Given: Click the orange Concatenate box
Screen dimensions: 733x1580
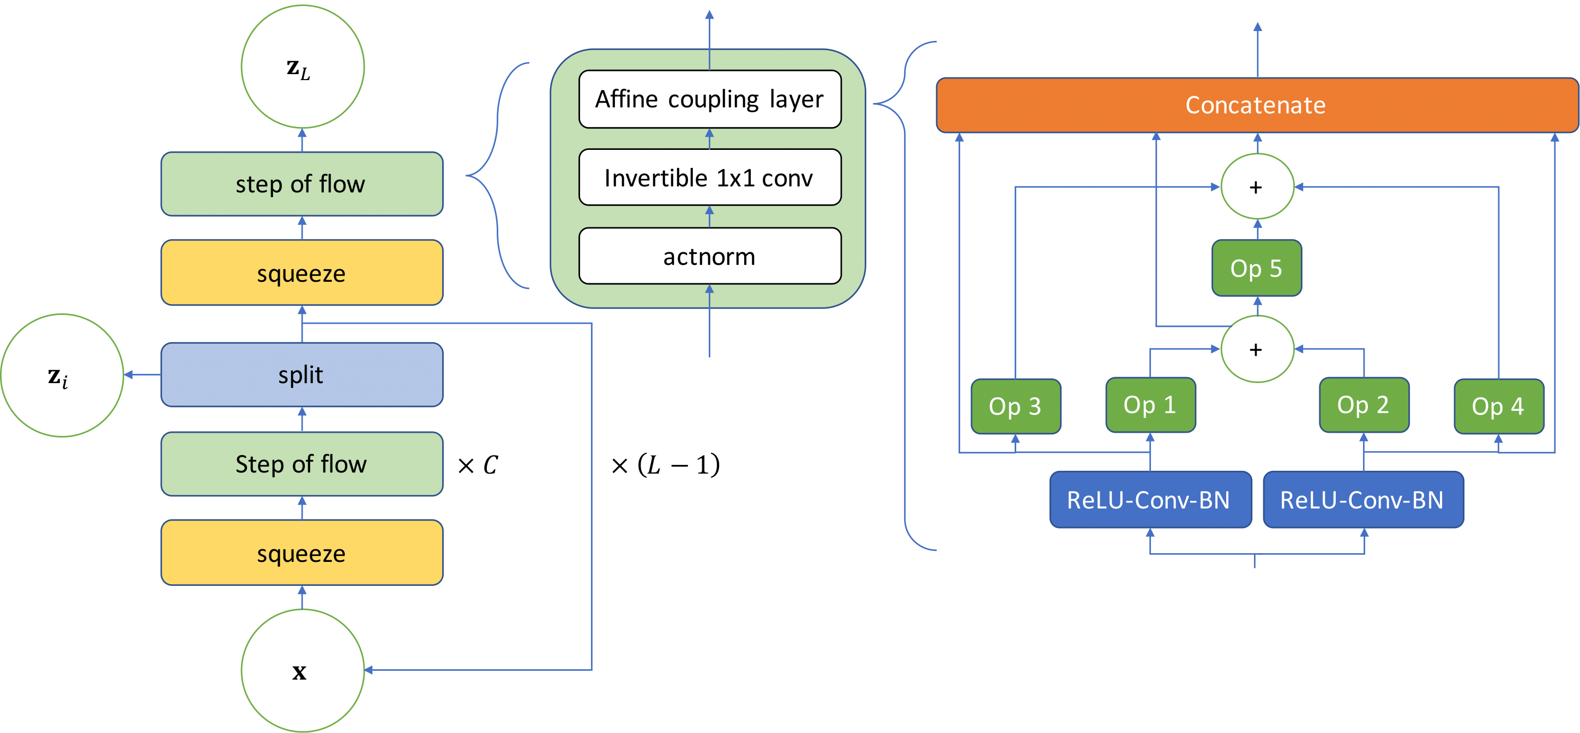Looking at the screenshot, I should [x=1256, y=105].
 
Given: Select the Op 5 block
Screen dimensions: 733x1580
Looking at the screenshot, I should [x=1256, y=268].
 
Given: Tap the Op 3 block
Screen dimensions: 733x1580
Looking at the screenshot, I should [x=1015, y=405].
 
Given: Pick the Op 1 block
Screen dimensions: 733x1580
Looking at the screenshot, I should [x=1150, y=404].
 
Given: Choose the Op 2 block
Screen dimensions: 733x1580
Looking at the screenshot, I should [x=1364, y=404].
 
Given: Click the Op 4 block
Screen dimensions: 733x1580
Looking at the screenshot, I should [x=1498, y=405].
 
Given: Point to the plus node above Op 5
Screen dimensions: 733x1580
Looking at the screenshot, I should [x=1257, y=186].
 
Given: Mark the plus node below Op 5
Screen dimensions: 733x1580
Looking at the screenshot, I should [x=1257, y=349].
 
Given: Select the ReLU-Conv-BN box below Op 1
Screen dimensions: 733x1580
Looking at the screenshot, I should [x=1150, y=500].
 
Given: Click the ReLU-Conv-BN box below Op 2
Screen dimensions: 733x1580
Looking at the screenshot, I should [x=1363, y=500].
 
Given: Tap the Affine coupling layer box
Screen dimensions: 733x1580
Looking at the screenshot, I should [x=710, y=99].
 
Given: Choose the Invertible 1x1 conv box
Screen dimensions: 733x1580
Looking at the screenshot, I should [x=710, y=177].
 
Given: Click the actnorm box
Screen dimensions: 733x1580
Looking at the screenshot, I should [x=710, y=256].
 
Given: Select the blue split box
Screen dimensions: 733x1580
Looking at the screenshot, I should [x=301, y=374].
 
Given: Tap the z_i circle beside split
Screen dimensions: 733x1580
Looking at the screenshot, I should [x=61, y=375].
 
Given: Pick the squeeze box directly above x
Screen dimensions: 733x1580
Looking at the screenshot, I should [x=301, y=553].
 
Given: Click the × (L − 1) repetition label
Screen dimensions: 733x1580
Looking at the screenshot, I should [x=665, y=464].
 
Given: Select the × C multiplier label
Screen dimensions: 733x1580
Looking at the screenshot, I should [x=478, y=464].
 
